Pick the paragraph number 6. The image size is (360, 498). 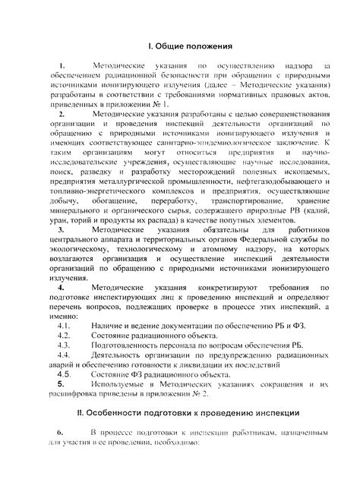tap(60, 432)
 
